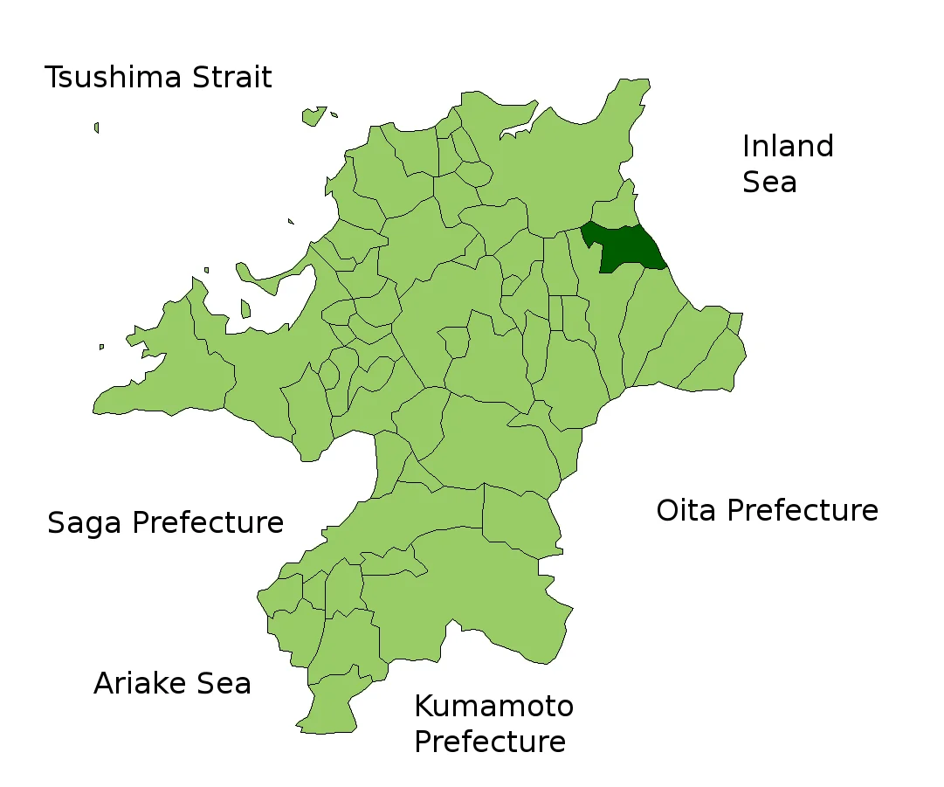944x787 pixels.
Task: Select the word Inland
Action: coord(788,146)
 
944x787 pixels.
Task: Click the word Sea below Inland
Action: coord(769,182)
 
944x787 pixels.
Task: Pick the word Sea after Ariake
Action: coord(222,683)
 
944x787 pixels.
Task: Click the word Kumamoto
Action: coord(493,706)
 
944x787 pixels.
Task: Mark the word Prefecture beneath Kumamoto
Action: coord(489,742)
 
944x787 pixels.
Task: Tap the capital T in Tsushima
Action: coord(53,78)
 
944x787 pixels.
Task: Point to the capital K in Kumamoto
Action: coord(423,706)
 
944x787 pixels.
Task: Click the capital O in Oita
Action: coord(667,510)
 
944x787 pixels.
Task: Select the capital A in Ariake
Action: coord(104,683)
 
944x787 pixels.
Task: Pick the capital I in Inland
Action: coord(746,146)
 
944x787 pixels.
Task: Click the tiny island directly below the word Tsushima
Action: coord(96,128)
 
